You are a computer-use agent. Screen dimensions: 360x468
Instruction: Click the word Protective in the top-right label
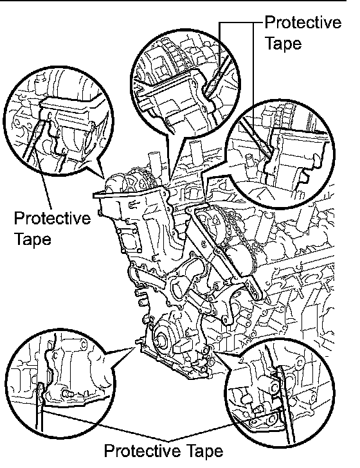click(x=303, y=22)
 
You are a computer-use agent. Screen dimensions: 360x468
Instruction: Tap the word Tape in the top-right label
click(x=283, y=43)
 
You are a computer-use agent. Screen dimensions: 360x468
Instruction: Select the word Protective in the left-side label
click(x=52, y=218)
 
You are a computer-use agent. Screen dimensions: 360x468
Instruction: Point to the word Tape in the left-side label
click(x=33, y=239)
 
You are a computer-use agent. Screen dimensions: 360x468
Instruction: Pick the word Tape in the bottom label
click(x=204, y=451)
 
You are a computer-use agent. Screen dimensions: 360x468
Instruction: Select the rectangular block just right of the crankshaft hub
click(x=181, y=346)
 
